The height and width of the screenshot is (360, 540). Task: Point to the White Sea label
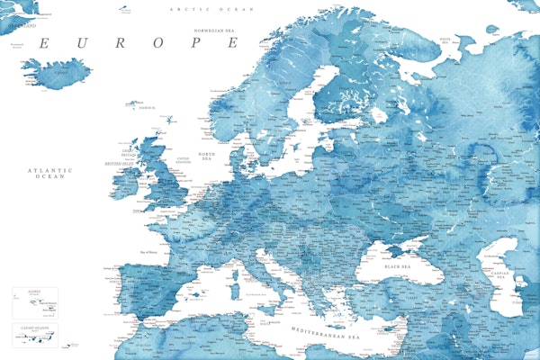(445, 40)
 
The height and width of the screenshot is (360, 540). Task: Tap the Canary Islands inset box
(35, 335)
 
